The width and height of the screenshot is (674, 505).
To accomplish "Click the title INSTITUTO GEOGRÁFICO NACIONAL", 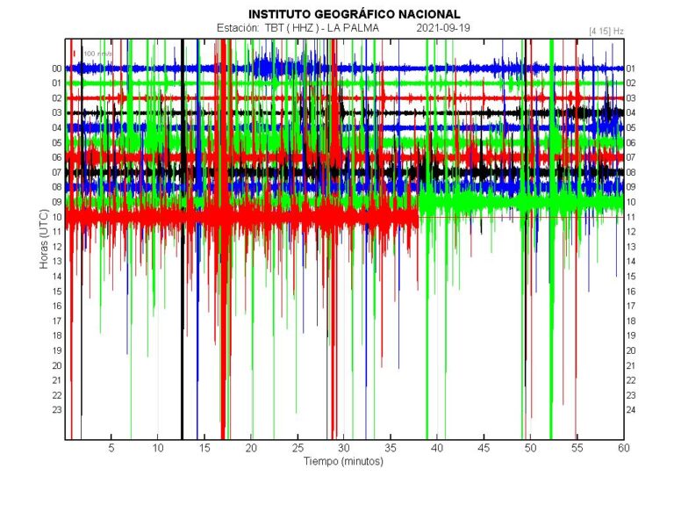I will click(354, 14).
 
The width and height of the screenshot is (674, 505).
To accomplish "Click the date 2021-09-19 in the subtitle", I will click(443, 28).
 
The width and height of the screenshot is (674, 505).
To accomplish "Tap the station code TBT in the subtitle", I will click(275, 28).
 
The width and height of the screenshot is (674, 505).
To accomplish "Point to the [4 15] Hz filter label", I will click(606, 31).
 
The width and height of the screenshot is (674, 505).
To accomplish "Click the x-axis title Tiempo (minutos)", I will click(343, 460).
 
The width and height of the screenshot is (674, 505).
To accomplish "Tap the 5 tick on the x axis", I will click(111, 448).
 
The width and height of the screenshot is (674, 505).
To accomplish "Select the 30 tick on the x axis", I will click(344, 448).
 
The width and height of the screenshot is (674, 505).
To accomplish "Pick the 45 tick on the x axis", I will click(484, 448).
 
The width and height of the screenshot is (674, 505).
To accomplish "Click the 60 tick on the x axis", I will click(623, 448).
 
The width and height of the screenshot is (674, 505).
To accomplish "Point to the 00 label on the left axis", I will click(56, 69).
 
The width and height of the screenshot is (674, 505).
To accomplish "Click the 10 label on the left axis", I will click(56, 217).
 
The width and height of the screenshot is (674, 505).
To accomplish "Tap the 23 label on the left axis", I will click(56, 410).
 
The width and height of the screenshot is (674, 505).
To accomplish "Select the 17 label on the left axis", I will click(56, 321).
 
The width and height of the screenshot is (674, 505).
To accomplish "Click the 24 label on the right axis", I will click(631, 410).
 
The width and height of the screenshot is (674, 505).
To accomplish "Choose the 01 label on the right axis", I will click(631, 69).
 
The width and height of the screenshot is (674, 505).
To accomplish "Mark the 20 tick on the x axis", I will click(251, 448).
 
